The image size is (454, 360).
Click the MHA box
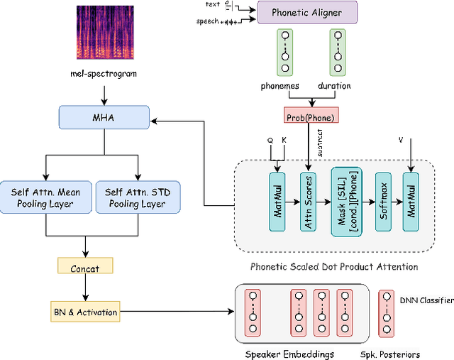pyautogui.click(x=105, y=118)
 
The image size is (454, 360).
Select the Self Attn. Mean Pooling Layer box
pyautogui.click(x=45, y=197)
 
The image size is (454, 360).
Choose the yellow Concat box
pyautogui.click(x=85, y=267)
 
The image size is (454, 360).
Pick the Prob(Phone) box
pyautogui.click(x=308, y=116)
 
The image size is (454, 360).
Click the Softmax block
pyautogui.click(x=384, y=201)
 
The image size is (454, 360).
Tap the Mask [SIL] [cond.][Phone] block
pyautogui.click(x=346, y=201)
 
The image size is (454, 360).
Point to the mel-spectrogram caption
pyautogui.click(x=105, y=74)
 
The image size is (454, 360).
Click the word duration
pyautogui.click(x=334, y=86)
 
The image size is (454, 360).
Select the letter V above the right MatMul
pyautogui.click(x=401, y=141)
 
